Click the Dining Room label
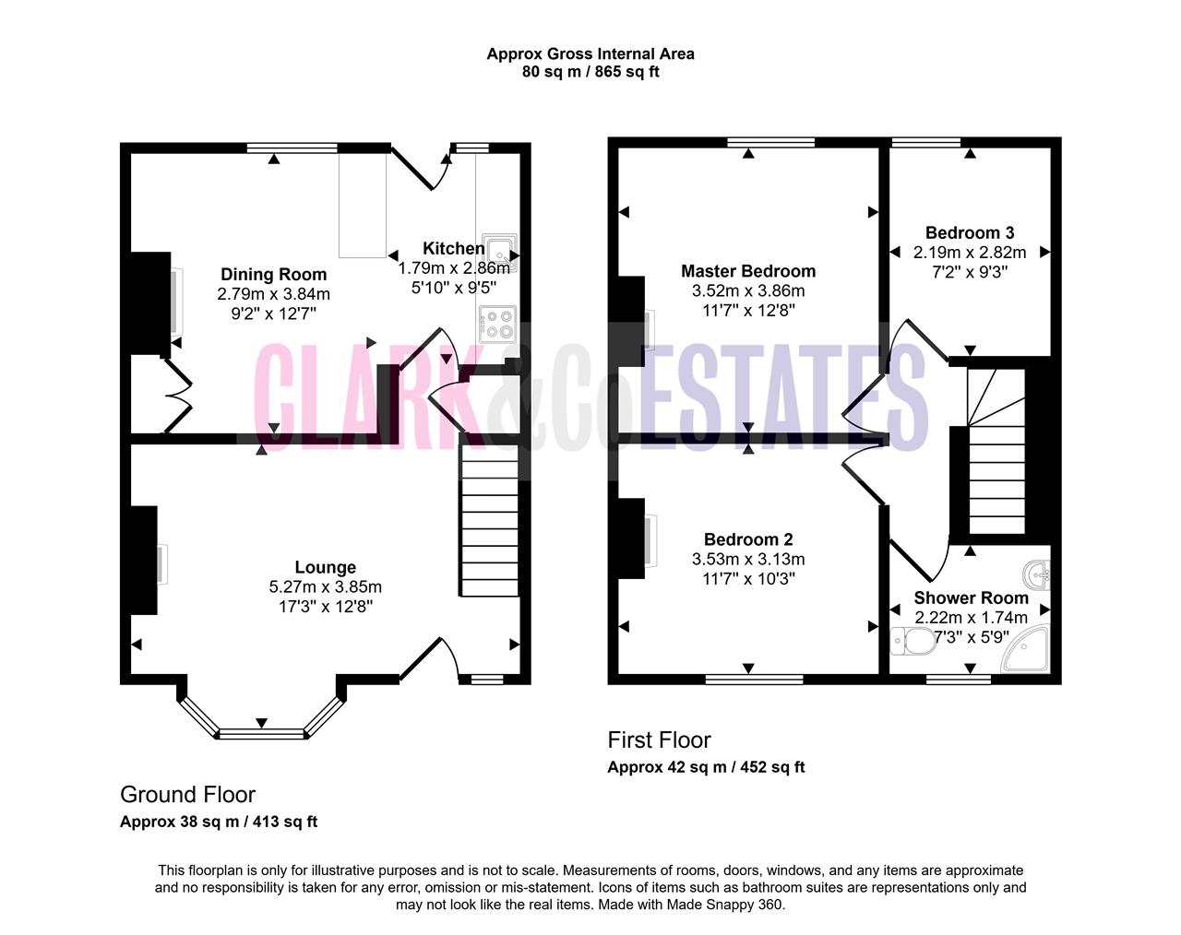pyautogui.click(x=273, y=274)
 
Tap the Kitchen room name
pyautogui.click(x=453, y=248)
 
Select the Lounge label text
pyautogui.click(x=326, y=567)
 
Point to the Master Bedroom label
pyautogui.click(x=748, y=271)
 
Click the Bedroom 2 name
pyautogui.click(x=748, y=539)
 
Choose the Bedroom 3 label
pyautogui.click(x=970, y=232)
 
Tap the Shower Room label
pyautogui.click(x=971, y=598)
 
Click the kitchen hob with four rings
pyautogui.click(x=497, y=324)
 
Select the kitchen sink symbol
pyautogui.click(x=500, y=254)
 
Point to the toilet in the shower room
pyautogui.click(x=913, y=641)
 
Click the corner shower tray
pyautogui.click(x=1026, y=649)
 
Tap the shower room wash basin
pyautogui.click(x=1037, y=575)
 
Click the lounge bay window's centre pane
pyautogui.click(x=262, y=734)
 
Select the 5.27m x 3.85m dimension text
pyautogui.click(x=326, y=586)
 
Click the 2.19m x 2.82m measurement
pyautogui.click(x=970, y=253)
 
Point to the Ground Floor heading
pyautogui.click(x=187, y=795)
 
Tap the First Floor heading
pyautogui.click(x=659, y=740)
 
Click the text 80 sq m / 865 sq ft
pyautogui.click(x=590, y=72)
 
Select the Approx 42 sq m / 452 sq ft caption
pyautogui.click(x=706, y=767)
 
